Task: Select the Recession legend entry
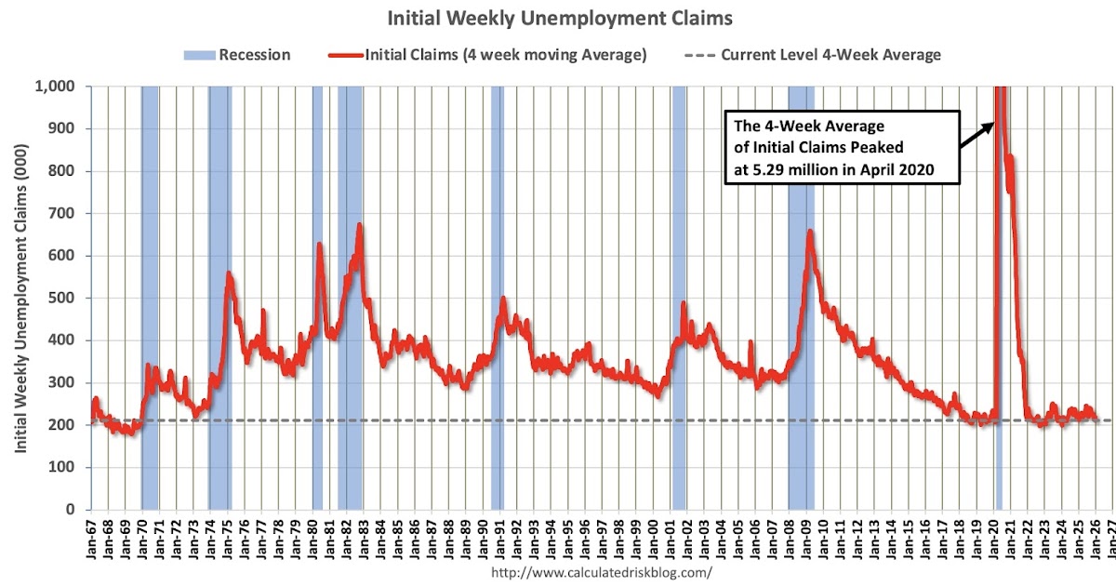tap(237, 55)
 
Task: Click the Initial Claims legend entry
tap(488, 55)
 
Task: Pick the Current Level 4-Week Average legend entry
tap(818, 55)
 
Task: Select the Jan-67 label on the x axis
tap(91, 539)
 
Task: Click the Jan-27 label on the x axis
tap(1113, 539)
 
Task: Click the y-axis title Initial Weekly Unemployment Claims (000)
tap(20, 298)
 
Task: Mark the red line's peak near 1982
tap(359, 225)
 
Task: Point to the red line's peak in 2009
tap(810, 232)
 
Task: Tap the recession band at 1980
tap(317, 298)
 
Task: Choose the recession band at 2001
tap(679, 298)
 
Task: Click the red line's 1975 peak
tap(229, 273)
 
